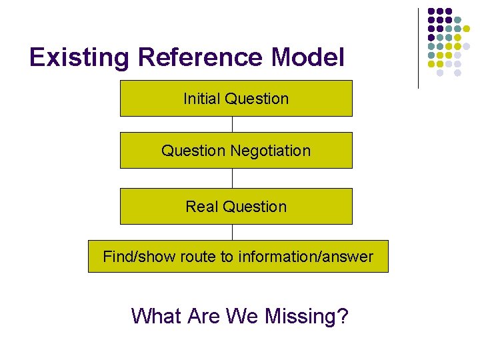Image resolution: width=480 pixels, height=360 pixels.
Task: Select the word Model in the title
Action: pyautogui.click(x=308, y=59)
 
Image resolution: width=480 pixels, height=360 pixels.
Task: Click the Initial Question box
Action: pyautogui.click(x=236, y=98)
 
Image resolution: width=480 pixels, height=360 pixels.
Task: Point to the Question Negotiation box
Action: pyautogui.click(x=236, y=150)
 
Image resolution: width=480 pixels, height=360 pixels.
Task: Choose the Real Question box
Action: pyautogui.click(x=236, y=206)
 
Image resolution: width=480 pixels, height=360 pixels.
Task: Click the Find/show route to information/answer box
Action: pyautogui.click(x=238, y=256)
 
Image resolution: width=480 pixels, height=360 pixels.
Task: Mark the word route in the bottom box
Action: pyautogui.click(x=195, y=257)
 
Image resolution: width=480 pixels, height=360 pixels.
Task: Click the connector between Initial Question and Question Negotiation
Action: pyautogui.click(x=232, y=124)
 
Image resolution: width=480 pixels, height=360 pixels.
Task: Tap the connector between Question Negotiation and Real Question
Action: pyautogui.click(x=232, y=178)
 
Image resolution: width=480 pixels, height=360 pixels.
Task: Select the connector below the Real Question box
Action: pyautogui.click(x=232, y=232)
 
